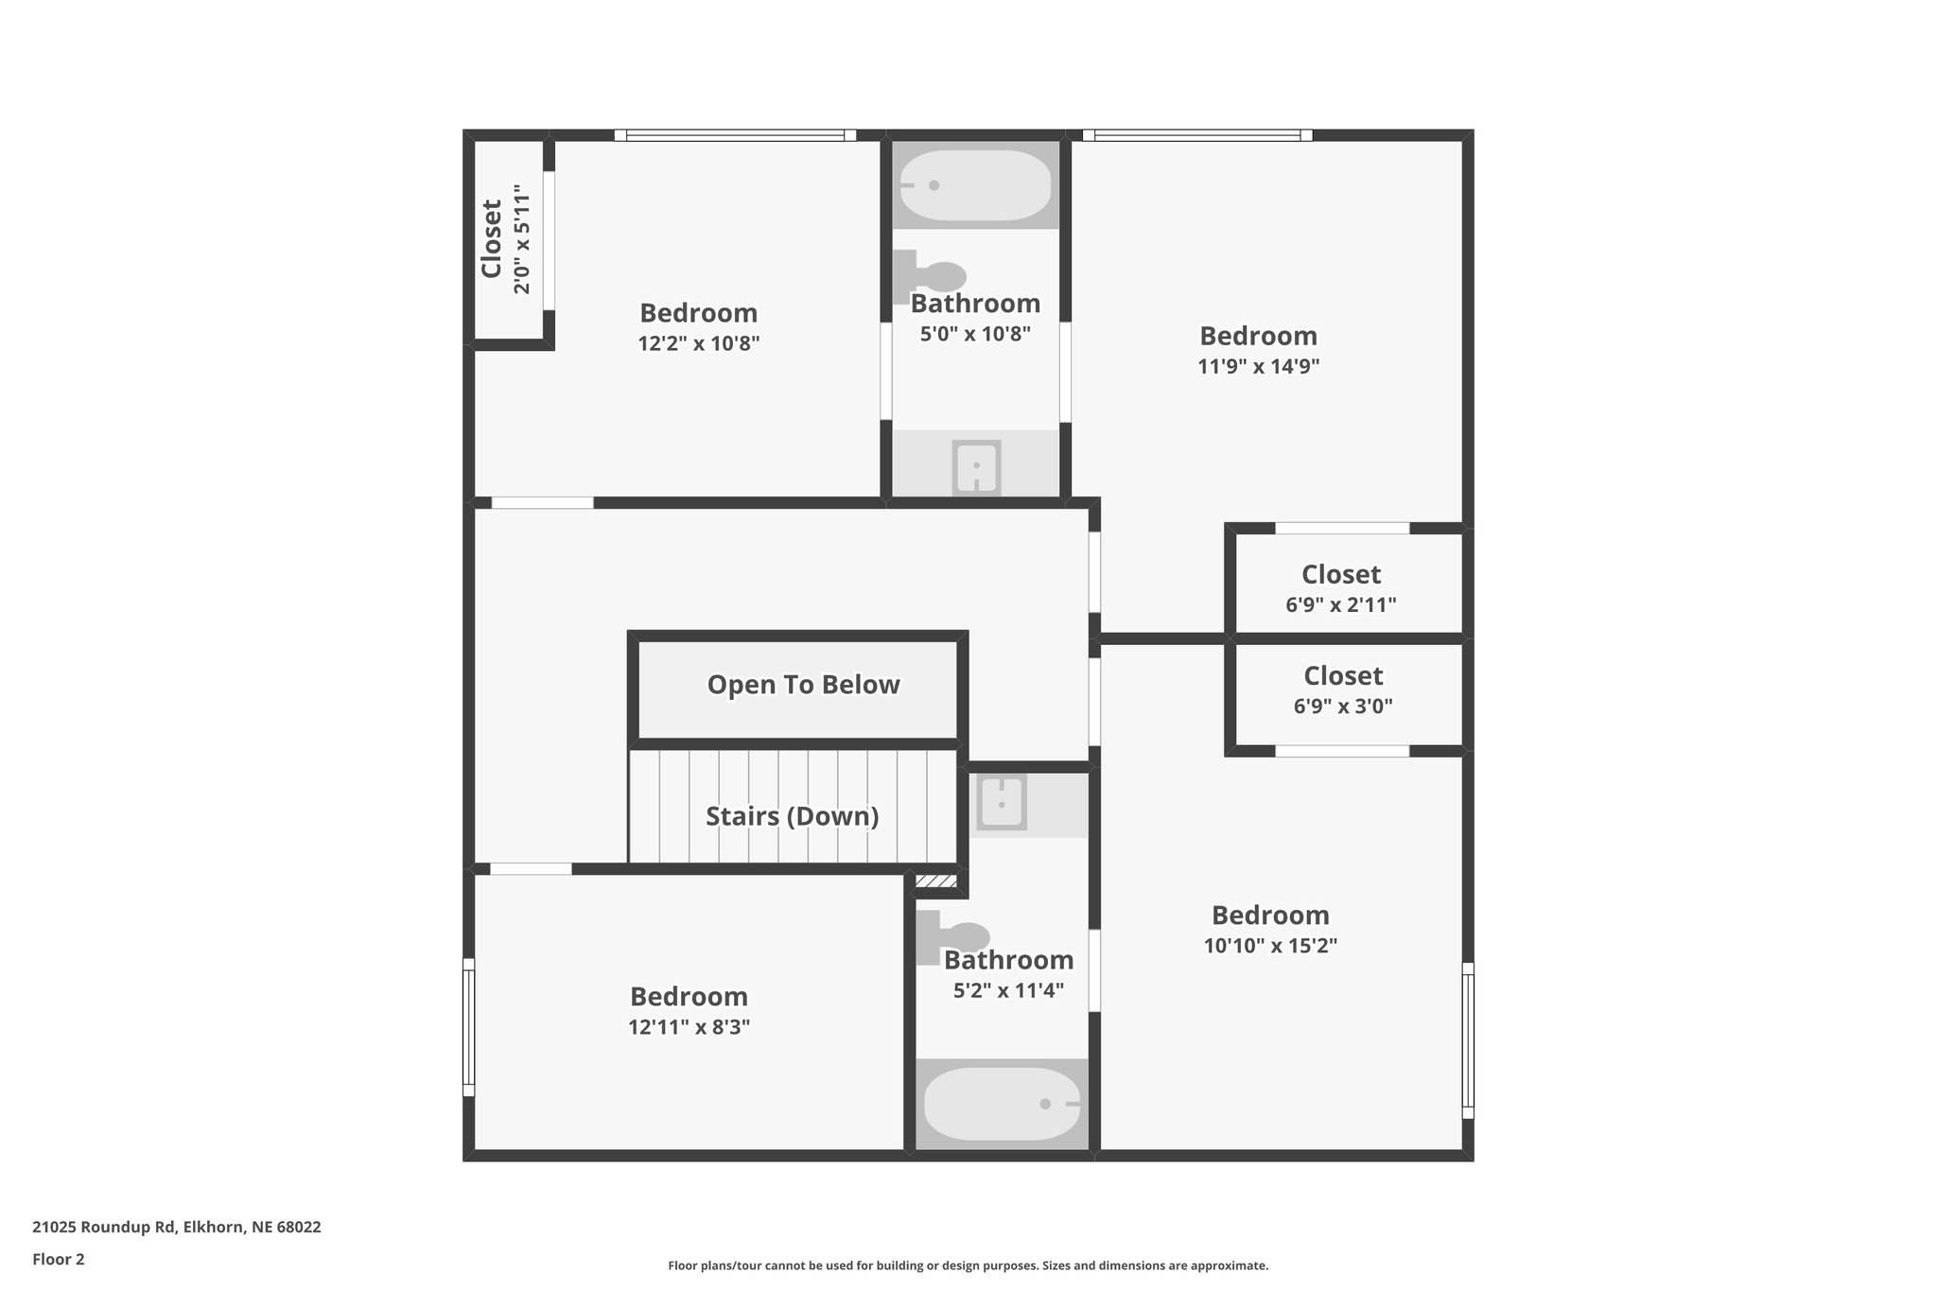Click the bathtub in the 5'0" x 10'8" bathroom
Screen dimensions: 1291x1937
coord(975,185)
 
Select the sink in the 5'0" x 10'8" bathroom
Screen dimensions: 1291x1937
coord(976,466)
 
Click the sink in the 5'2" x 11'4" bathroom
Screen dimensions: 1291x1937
coord(1001,803)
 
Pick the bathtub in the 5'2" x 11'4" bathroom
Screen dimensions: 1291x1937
coord(1002,1104)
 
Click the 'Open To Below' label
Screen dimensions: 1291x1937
coord(803,685)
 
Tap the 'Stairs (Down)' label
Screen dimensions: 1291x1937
coord(792,816)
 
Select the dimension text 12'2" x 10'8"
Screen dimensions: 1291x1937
coord(699,343)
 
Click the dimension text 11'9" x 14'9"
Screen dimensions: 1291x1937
coord(1258,366)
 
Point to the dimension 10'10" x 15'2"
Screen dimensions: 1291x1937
coord(1270,945)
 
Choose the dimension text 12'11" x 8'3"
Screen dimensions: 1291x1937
coord(689,1027)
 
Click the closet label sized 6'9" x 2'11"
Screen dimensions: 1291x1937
coord(1341,574)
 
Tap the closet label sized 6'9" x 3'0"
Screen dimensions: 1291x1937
coord(1343,675)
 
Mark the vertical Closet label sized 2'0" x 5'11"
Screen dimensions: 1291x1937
coord(492,238)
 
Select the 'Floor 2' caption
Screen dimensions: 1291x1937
coord(59,1259)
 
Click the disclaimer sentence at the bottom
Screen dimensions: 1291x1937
coord(968,1265)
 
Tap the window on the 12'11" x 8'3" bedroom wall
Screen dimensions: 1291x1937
coord(467,1027)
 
